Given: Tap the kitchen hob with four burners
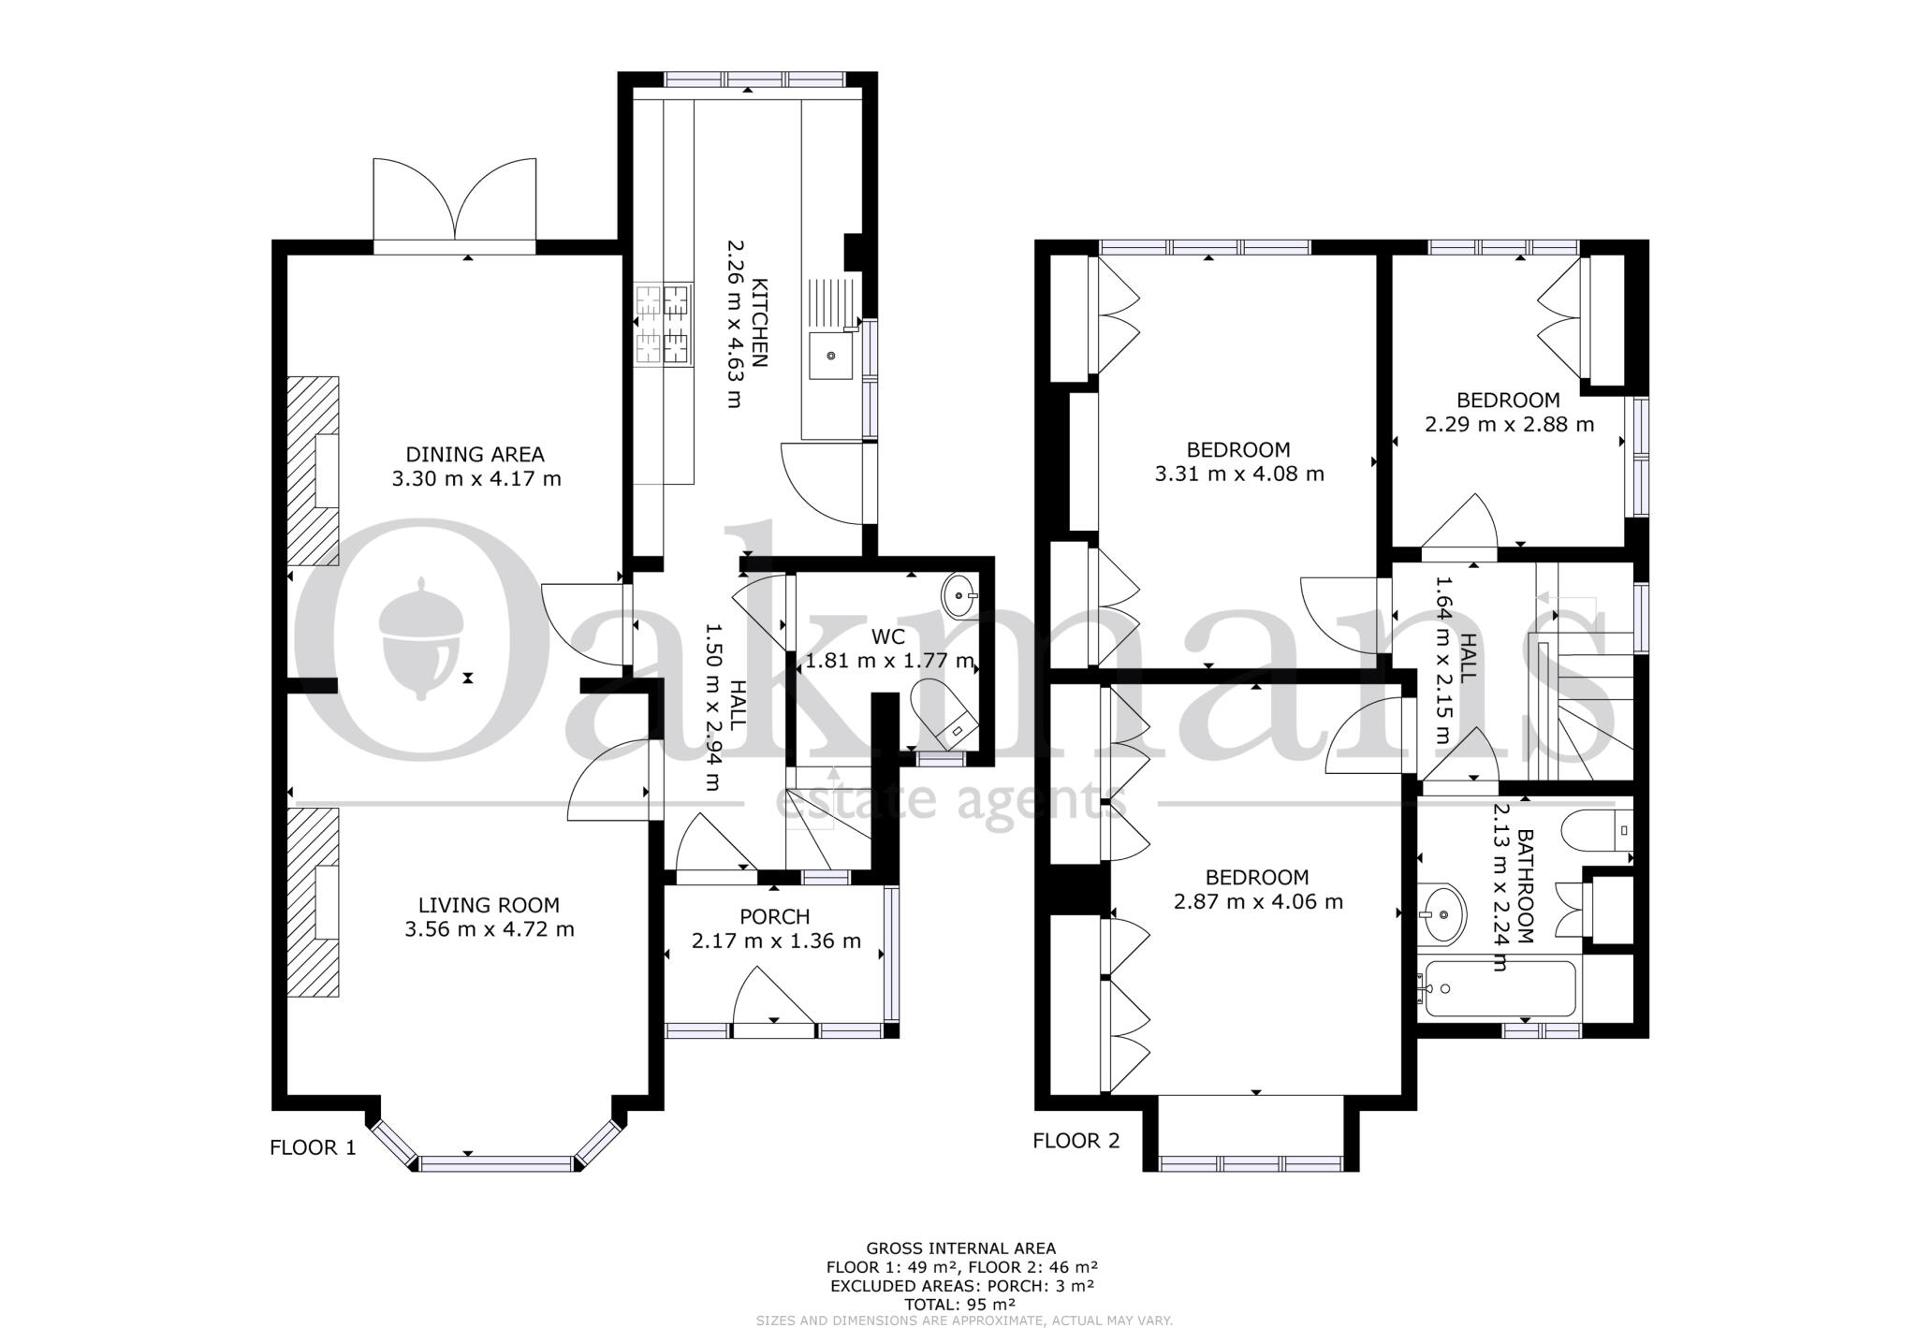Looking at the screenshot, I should (x=664, y=324).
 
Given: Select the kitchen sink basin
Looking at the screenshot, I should (x=831, y=356).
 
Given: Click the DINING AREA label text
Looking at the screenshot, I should (x=475, y=455).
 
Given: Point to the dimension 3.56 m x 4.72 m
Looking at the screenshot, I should (x=489, y=929).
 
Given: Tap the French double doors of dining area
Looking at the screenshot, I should (x=455, y=201).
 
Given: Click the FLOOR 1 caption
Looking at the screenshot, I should (x=313, y=1147).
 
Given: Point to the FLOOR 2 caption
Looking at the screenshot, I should (x=1076, y=1140).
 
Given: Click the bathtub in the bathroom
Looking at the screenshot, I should (x=1498, y=988).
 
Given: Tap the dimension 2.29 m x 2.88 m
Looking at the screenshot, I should (x=1509, y=424).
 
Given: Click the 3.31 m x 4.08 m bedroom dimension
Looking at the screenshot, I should (x=1239, y=474).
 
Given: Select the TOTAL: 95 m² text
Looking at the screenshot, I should (x=959, y=1304).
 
